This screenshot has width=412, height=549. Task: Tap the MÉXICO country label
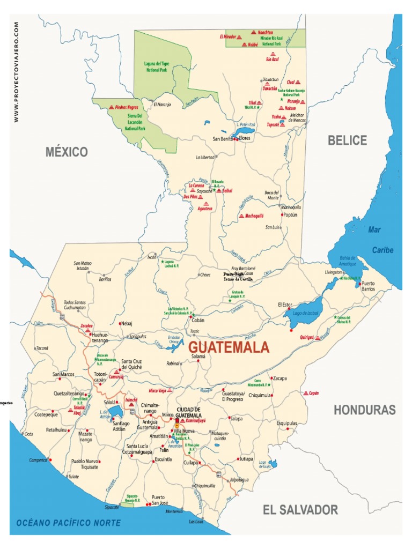pos(67,152)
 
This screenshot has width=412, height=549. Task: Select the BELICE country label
pos(348,140)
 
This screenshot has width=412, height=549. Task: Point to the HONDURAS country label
pos(365,410)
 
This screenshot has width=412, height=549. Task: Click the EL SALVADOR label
pos(300,510)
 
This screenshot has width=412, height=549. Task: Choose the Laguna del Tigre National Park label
pos(159,66)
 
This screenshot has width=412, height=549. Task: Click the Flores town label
pos(245,138)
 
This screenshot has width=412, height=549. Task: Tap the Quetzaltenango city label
pos(70,393)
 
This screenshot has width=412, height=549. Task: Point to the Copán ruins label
pos(313,393)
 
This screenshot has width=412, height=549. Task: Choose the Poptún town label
pos(290,214)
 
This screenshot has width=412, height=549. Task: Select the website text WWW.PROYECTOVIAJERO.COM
pos(17,72)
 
